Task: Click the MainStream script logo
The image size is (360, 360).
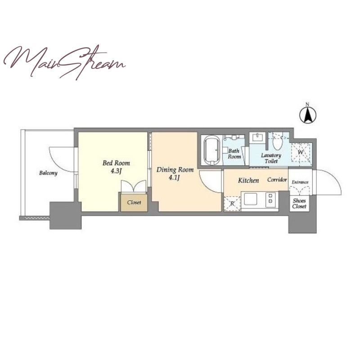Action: coord(64,62)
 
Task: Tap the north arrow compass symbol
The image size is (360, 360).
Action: coord(308,114)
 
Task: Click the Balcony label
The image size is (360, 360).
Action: coord(48,173)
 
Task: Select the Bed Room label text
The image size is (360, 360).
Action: coord(116,163)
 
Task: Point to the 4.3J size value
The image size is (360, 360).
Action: coord(116,171)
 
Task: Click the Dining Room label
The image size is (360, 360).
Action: coord(175,170)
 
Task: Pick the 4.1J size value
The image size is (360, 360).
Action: coord(174,177)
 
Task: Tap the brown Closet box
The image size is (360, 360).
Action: coord(134,202)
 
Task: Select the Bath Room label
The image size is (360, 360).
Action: coord(234,154)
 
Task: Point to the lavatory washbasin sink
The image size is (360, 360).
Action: coord(257,138)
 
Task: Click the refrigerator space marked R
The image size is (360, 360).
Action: coord(232,204)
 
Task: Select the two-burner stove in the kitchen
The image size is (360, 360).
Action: coord(270,198)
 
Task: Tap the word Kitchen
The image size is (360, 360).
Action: coord(248,180)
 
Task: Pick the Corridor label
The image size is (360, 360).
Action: coord(277,180)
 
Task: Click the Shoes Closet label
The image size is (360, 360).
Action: coord(299,203)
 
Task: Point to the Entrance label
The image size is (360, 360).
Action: coord(300,182)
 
